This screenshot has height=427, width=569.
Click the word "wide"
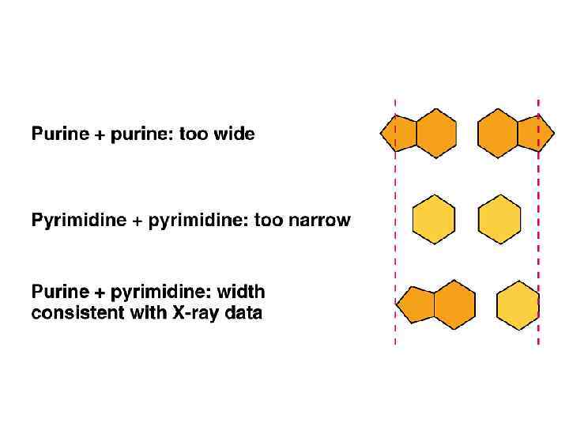pyautogui.click(x=234, y=134)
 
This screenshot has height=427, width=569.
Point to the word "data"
pyautogui.click(x=244, y=313)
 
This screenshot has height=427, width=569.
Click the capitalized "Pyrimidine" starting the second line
pyautogui.click(x=78, y=221)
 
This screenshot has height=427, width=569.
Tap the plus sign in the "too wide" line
pyautogui.click(x=100, y=135)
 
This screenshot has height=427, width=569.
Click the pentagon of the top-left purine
pyautogui.click(x=400, y=133)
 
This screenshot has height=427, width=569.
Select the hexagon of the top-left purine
pyautogui.click(x=436, y=133)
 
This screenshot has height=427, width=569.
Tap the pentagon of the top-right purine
pyautogui.click(x=534, y=133)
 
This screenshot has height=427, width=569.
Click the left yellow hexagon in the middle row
pyautogui.click(x=434, y=219)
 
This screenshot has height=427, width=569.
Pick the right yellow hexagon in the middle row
pyautogui.click(x=500, y=219)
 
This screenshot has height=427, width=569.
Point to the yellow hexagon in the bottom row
pyautogui.click(x=518, y=305)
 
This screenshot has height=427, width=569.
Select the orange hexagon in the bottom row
pyautogui.click(x=454, y=304)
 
